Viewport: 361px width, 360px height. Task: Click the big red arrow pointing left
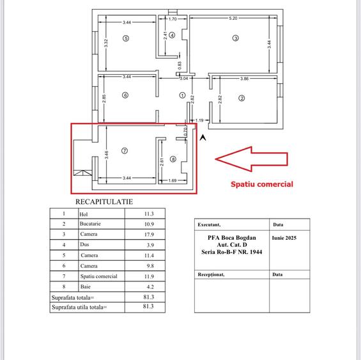[x=252, y=159]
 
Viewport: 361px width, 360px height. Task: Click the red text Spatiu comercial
[x=261, y=184]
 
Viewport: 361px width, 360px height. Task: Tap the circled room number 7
[x=125, y=151]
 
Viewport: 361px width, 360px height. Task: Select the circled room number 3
[x=235, y=38]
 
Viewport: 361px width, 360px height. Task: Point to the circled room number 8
[x=173, y=159]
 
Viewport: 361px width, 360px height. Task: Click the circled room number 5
[x=125, y=38]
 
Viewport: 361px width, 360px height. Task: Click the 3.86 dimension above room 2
[x=245, y=78]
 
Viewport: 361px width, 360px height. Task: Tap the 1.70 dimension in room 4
[x=173, y=19]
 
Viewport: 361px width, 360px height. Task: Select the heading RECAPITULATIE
[x=104, y=201]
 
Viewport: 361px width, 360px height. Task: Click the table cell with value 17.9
[x=149, y=235]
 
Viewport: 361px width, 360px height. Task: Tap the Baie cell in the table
[x=86, y=287]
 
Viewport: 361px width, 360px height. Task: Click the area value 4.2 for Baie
[x=149, y=287]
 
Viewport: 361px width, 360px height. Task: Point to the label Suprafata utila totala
[x=79, y=308]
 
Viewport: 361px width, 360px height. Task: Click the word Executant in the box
[x=209, y=225]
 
